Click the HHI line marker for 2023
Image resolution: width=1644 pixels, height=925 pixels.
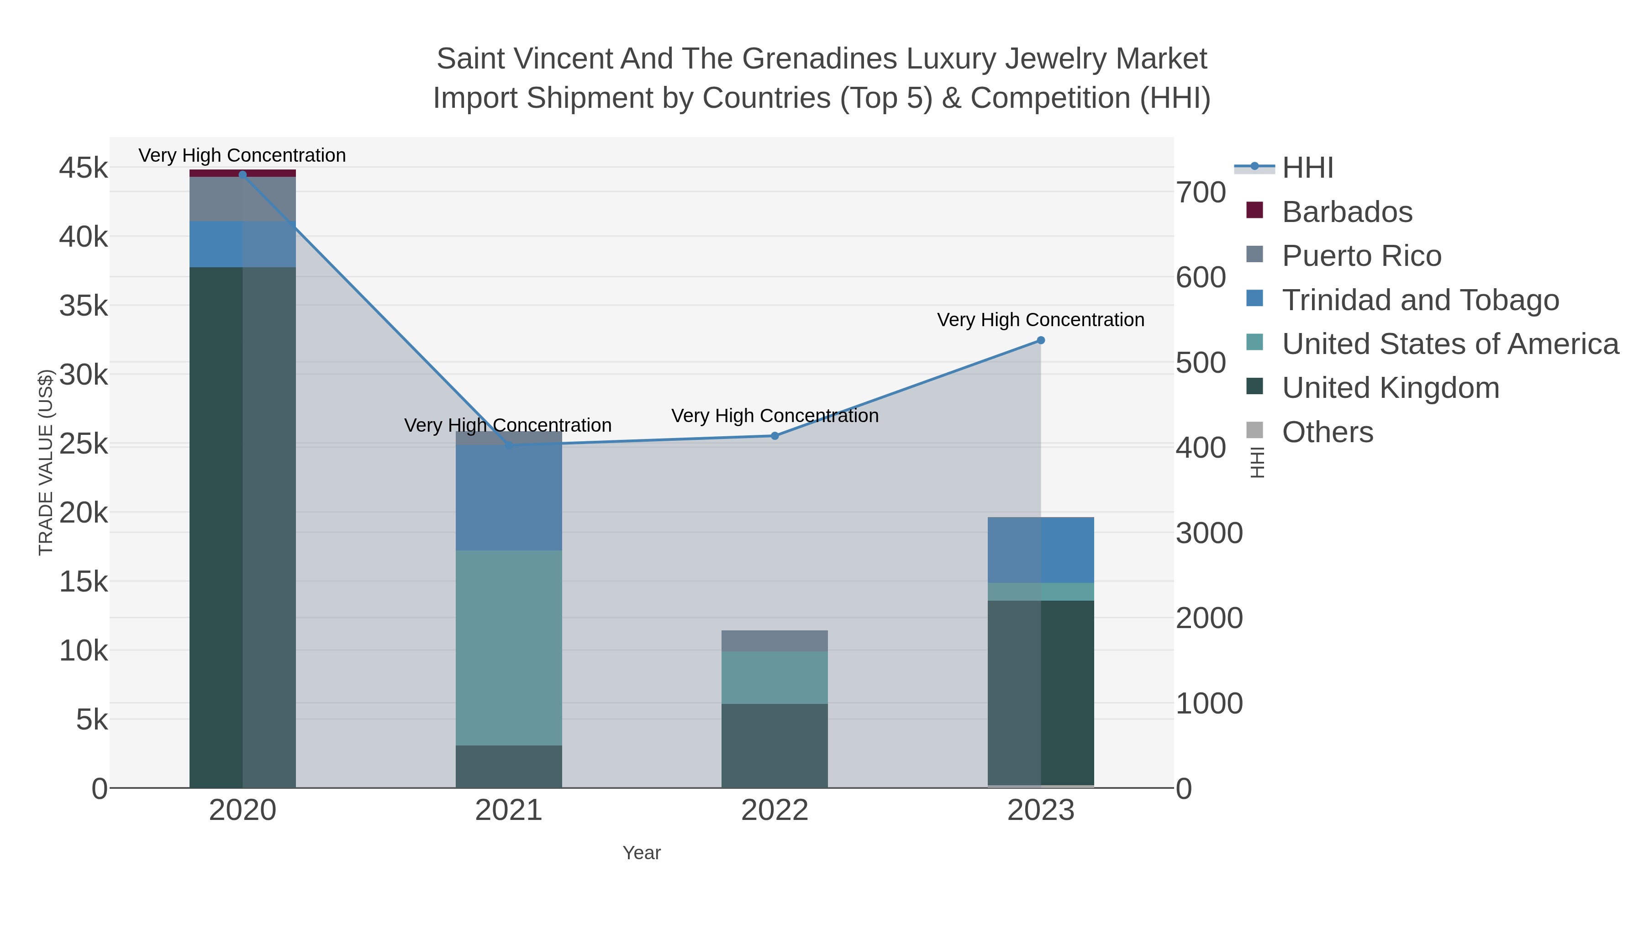[x=1040, y=340]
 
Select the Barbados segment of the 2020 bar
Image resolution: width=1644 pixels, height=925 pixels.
[x=242, y=173]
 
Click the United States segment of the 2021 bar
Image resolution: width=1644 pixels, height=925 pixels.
[x=509, y=647]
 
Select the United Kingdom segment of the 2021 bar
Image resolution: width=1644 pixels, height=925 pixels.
[x=509, y=766]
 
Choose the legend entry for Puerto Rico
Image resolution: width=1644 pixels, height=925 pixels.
[x=1361, y=256]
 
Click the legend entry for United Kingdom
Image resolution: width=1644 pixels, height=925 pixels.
[x=1390, y=388]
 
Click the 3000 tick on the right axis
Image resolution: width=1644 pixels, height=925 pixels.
[x=1209, y=533]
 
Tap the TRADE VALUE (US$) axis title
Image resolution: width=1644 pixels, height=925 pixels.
[x=46, y=462]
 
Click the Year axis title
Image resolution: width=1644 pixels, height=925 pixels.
[x=642, y=853]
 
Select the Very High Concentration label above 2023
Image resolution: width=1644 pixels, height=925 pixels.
[x=1040, y=320]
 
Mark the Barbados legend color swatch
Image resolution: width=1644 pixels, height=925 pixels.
[x=1254, y=210]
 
